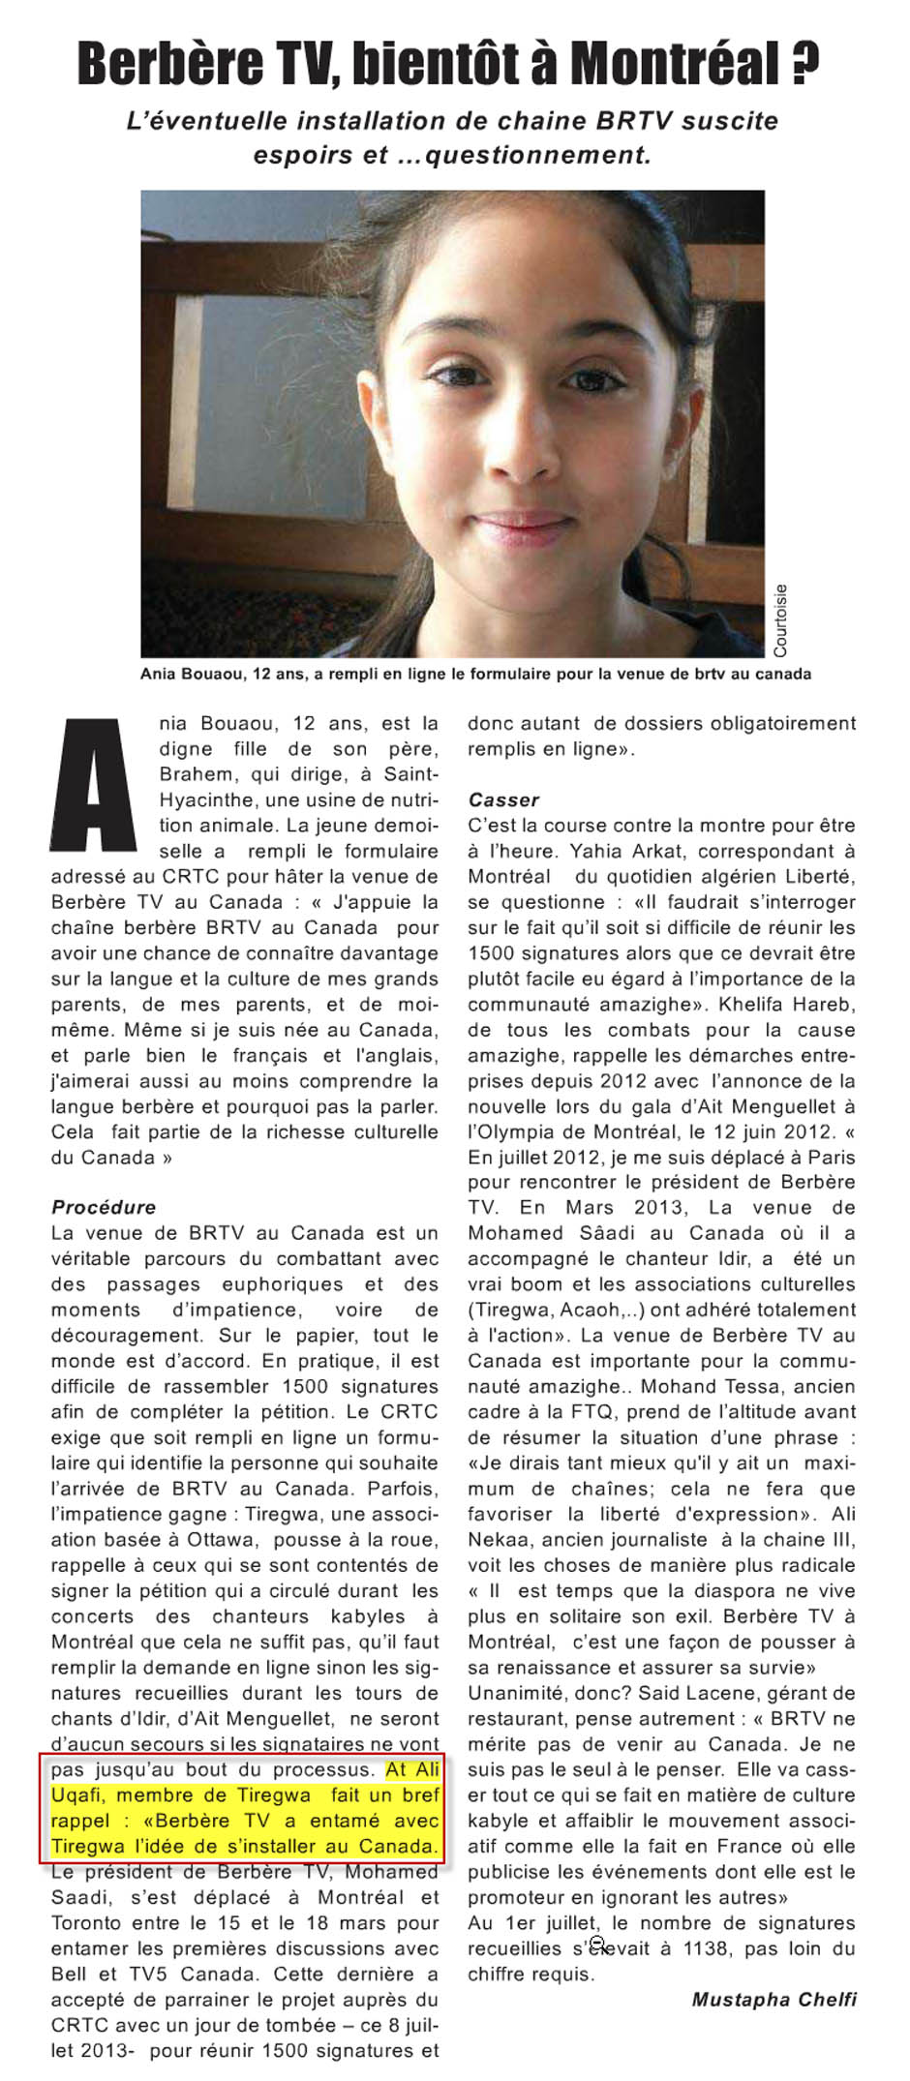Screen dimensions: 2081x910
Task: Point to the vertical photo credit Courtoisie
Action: [780, 619]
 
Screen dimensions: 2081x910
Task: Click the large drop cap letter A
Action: [94, 785]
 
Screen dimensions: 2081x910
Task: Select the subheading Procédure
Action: [104, 1207]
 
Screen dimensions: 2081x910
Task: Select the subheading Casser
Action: [503, 799]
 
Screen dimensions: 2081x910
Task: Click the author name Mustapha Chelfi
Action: [773, 1999]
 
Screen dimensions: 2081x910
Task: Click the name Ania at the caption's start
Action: [158, 674]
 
